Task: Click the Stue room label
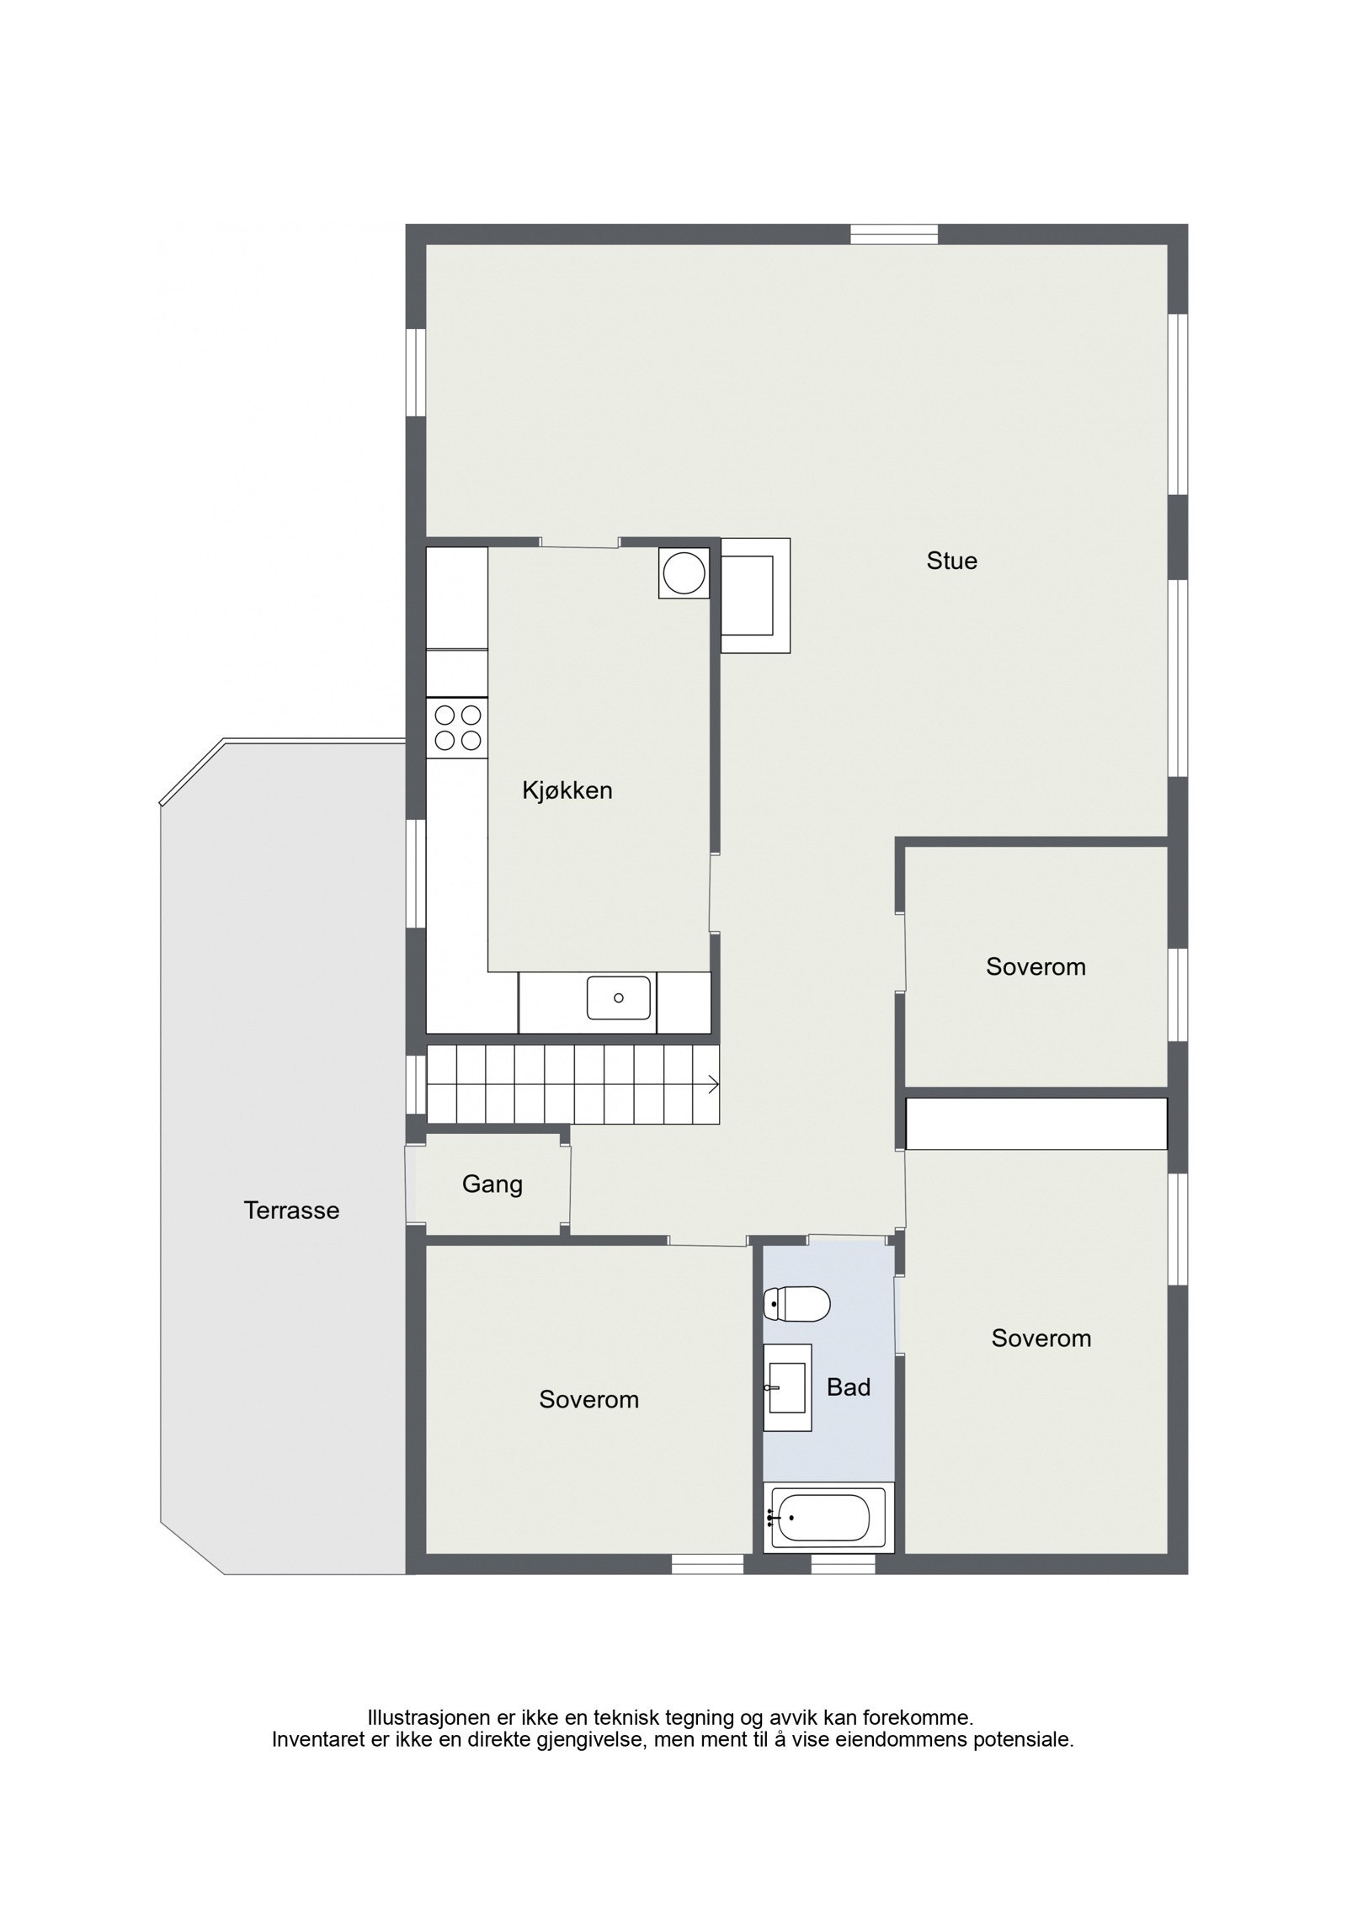(x=951, y=561)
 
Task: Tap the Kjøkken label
(x=567, y=790)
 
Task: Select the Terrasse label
(x=291, y=1211)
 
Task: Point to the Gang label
(x=492, y=1184)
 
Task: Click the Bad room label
(x=848, y=1387)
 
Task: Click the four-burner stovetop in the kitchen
(x=457, y=728)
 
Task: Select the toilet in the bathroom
(x=796, y=1305)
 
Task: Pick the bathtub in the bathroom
(x=823, y=1518)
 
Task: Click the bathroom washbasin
(x=786, y=1387)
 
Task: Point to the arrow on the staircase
(x=712, y=1084)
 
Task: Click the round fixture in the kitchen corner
(x=684, y=573)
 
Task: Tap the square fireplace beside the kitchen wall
(x=755, y=595)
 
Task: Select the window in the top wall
(x=893, y=234)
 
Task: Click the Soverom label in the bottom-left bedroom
(x=588, y=1400)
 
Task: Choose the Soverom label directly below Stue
(x=1036, y=966)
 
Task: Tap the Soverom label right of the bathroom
(x=1041, y=1338)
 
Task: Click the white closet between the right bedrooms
(x=1036, y=1123)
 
